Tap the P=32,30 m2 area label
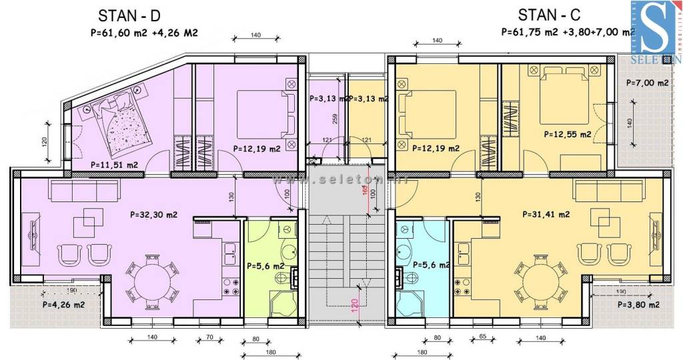(x=153, y=215)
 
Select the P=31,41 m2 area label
(x=546, y=215)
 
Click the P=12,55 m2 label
(x=568, y=134)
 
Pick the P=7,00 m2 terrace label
(x=648, y=83)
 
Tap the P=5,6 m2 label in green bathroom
(x=265, y=265)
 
